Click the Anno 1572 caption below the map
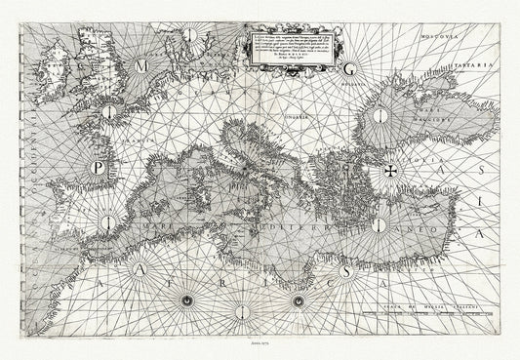259,343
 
